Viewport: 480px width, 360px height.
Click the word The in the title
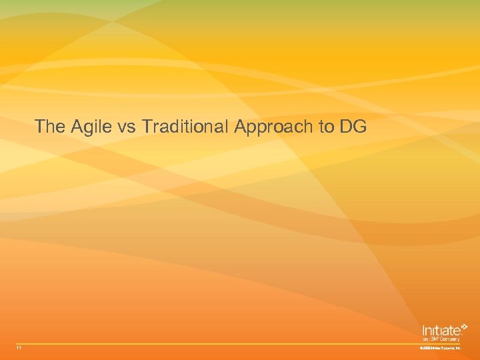point(47,126)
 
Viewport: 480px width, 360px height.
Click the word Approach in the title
point(275,127)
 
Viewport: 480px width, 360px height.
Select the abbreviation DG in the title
point(353,126)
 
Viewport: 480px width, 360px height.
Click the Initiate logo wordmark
point(440,330)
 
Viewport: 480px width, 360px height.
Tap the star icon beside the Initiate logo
point(464,327)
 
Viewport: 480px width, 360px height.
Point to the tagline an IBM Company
point(441,339)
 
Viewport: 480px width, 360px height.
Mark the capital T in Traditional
point(147,126)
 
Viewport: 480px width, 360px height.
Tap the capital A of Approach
point(241,126)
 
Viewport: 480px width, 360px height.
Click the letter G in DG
point(360,126)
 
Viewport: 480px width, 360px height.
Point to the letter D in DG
point(346,126)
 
